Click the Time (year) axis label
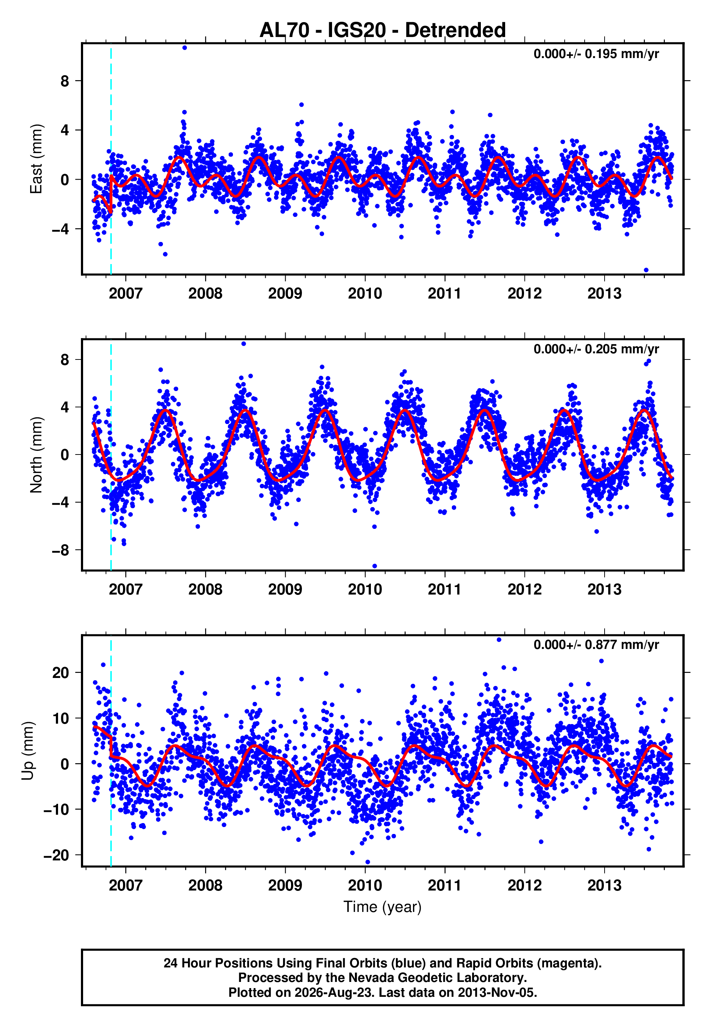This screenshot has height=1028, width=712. coord(382,907)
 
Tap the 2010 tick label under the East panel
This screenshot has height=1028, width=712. coord(365,293)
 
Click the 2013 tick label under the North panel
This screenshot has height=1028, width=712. coord(604,589)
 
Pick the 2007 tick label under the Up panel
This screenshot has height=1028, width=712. coord(125,885)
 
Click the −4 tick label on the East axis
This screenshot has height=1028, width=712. coord(61,229)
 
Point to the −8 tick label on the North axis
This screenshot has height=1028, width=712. coord(61,550)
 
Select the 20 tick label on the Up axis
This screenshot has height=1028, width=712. coord(61,672)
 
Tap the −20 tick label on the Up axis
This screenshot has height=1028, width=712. coord(56,855)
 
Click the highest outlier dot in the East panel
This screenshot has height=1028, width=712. coord(185,48)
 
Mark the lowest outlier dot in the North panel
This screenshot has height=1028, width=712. coord(375,566)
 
